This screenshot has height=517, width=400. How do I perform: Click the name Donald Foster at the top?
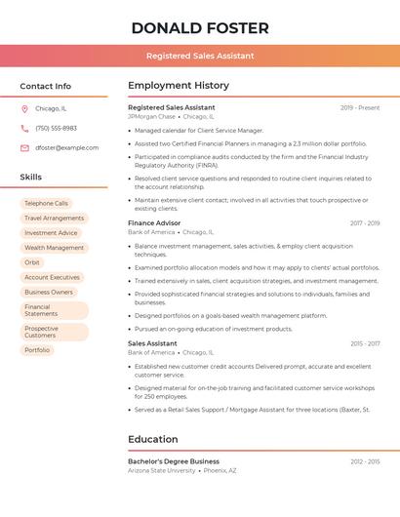coord(200,27)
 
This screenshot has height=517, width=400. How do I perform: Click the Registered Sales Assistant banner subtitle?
coord(200,56)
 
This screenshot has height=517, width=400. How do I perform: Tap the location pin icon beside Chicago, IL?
coord(24,108)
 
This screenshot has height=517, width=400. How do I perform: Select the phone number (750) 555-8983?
coord(56,128)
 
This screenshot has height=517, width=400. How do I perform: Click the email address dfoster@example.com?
coord(66,147)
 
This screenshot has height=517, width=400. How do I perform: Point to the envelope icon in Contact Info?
coord(24,147)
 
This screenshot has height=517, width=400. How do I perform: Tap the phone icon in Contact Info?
coord(24,128)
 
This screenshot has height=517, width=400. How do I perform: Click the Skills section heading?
coord(31,177)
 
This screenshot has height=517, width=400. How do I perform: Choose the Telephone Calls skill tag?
coord(46,203)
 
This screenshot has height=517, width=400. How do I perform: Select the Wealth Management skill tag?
coord(54,248)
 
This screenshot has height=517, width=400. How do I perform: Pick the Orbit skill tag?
coord(32,262)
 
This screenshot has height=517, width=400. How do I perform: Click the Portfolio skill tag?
coord(37,349)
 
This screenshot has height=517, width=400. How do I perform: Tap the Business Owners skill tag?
coord(49,292)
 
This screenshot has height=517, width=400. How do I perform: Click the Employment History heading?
coord(179,86)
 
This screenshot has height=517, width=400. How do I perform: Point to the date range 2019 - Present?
coord(360,107)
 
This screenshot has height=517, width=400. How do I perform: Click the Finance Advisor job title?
coord(154,223)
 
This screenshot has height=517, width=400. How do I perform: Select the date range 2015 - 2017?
coord(365,343)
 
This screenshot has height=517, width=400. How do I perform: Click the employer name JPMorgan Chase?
coord(151,116)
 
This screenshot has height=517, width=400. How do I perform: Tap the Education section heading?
coord(153,439)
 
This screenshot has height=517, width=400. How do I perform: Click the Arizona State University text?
coord(161,470)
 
